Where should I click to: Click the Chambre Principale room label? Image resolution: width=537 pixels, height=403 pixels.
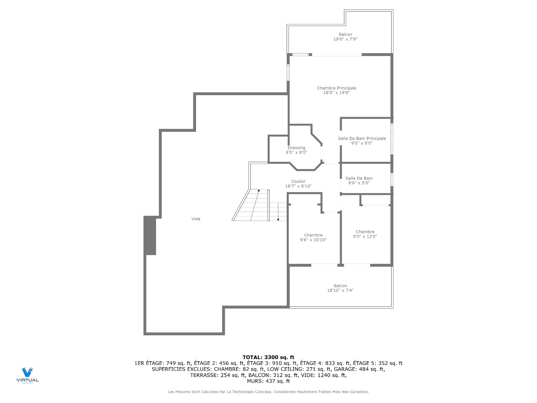[336, 88]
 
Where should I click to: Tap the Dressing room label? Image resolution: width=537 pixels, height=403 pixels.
[296, 148]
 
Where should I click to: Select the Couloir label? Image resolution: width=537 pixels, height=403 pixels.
[298, 181]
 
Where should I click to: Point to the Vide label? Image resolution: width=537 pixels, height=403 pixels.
[196, 219]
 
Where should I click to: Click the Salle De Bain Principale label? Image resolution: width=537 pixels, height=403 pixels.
[362, 139]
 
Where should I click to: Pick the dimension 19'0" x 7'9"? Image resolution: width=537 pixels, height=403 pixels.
[345, 39]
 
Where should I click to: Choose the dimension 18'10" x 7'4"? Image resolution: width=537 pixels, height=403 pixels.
[340, 290]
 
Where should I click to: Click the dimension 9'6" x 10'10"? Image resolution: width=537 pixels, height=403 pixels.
[313, 240]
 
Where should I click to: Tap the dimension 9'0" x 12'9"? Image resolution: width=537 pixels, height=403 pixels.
[365, 236]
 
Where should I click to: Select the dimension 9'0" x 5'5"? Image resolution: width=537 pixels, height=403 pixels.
[359, 183]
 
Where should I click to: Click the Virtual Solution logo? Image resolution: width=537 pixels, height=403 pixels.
[27, 375]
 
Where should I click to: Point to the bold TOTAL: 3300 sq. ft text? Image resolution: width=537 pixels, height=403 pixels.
[268, 357]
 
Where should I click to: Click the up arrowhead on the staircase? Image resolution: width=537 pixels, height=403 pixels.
[259, 191]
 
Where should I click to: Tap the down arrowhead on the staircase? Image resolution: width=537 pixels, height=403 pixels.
[278, 219]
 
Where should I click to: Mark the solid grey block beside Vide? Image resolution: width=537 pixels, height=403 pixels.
[150, 235]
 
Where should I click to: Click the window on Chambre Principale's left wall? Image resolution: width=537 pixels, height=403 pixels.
[288, 73]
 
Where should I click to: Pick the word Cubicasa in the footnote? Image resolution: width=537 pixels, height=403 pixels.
[263, 392]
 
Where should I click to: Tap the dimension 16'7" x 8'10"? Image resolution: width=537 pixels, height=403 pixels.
[298, 186]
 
